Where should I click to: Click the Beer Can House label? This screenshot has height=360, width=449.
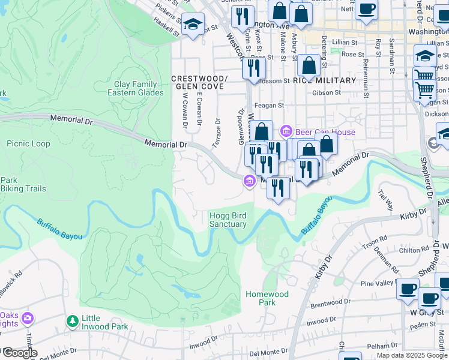[x=325, y=132]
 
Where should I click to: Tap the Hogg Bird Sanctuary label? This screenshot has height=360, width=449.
[x=228, y=220]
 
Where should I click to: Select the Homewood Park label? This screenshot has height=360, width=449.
[x=267, y=298]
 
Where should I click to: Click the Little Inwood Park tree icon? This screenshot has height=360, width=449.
[x=73, y=322]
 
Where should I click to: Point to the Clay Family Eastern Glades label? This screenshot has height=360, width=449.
[x=132, y=89]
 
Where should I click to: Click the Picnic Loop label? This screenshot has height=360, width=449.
[x=28, y=143]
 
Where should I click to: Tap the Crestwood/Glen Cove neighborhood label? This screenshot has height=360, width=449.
[x=199, y=82]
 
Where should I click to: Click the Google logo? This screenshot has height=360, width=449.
[x=19, y=353]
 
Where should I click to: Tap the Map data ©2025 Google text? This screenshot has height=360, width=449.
[x=412, y=355]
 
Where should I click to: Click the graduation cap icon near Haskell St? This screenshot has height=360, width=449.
[x=193, y=25]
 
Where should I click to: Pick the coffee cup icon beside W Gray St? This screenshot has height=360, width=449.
[x=429, y=298]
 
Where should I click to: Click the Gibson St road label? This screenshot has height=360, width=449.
[x=326, y=93]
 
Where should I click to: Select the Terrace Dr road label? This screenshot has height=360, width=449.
[x=217, y=133]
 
